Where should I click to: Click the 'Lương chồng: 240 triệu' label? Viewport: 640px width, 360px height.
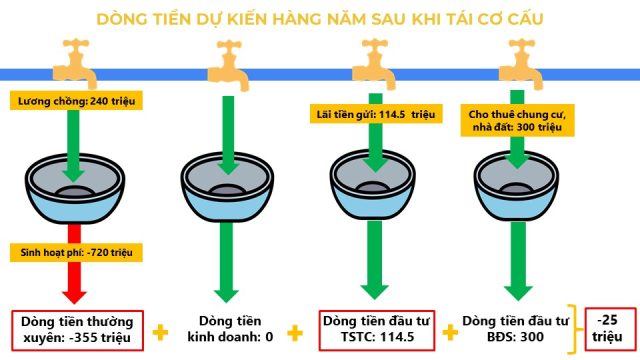[x=76, y=101]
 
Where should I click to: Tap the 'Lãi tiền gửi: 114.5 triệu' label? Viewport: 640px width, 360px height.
[x=376, y=114]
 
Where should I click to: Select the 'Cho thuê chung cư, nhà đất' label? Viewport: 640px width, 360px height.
[x=517, y=120]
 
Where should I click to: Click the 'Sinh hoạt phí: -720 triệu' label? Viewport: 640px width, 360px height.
[x=76, y=252]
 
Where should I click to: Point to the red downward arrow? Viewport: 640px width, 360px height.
[x=74, y=263]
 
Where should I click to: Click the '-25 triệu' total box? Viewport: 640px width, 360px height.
[x=610, y=329]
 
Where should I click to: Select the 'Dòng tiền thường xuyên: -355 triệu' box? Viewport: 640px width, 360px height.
[x=78, y=330]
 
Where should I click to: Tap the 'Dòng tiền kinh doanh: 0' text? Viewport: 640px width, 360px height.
[x=230, y=329]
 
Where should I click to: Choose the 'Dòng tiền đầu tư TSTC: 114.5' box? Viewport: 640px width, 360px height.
[x=376, y=330]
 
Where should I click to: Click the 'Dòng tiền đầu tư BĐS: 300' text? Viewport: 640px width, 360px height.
[x=515, y=329]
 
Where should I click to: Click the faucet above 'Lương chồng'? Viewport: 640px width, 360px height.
[x=75, y=63]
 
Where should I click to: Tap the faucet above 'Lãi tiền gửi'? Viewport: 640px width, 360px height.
[x=374, y=64]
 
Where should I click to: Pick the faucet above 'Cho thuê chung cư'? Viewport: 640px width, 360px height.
[x=521, y=64]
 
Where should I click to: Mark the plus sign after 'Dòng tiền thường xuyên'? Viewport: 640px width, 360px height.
[x=160, y=332]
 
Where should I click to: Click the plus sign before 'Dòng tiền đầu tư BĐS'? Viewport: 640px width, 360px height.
[x=450, y=332]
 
